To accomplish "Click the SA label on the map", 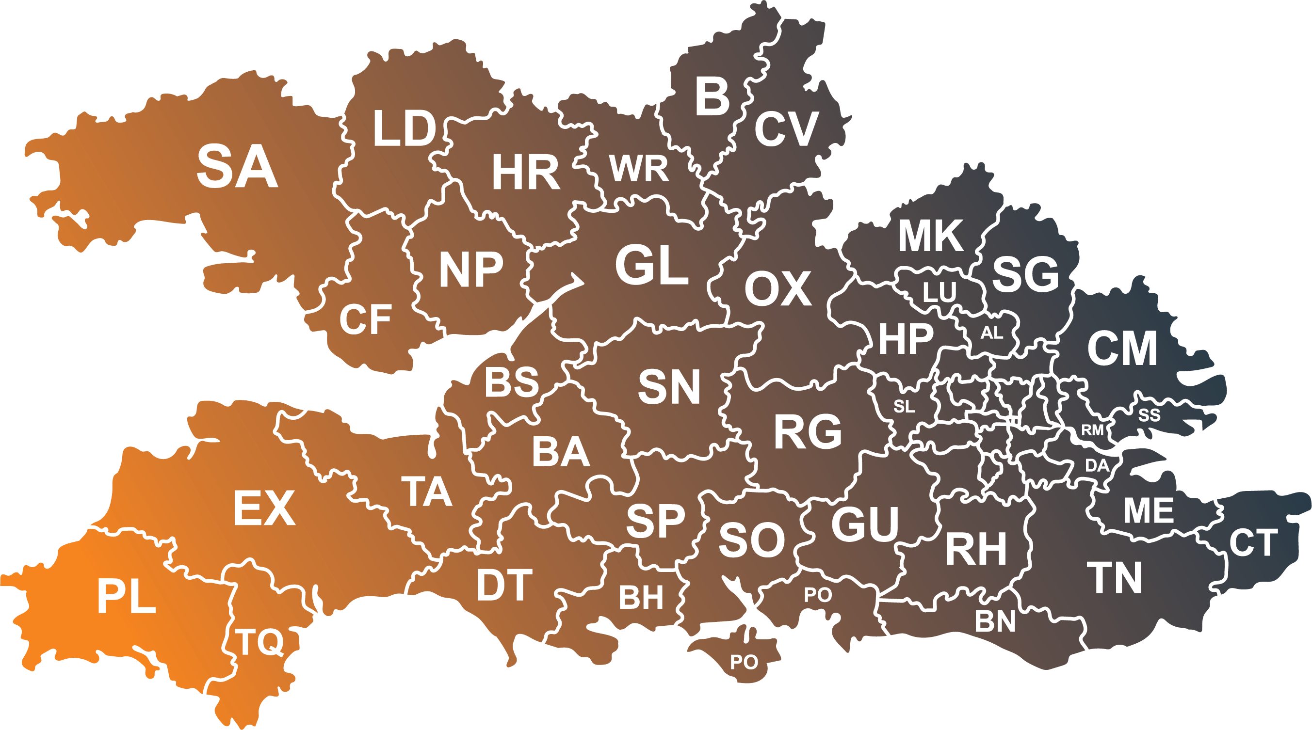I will tap(237, 166).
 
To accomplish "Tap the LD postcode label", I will tap(405, 129).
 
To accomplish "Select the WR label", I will tap(639, 169).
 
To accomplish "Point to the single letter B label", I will tap(712, 97).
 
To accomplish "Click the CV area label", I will tap(786, 129).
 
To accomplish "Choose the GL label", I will tap(652, 265).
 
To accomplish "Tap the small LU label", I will tap(939, 293).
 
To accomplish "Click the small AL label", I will tap(992, 333).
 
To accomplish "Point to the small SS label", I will tap(1150, 415).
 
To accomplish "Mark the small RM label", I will tap(1092, 430).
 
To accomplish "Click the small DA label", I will tap(1097, 465).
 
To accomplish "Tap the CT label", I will tap(1253, 543).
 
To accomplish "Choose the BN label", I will tap(995, 621).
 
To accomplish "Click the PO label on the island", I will tap(744, 662).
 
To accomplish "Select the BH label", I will tap(641, 598).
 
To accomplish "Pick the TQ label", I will tap(259, 642).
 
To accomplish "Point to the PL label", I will tap(126, 597).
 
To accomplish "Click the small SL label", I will tap(904, 406).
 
